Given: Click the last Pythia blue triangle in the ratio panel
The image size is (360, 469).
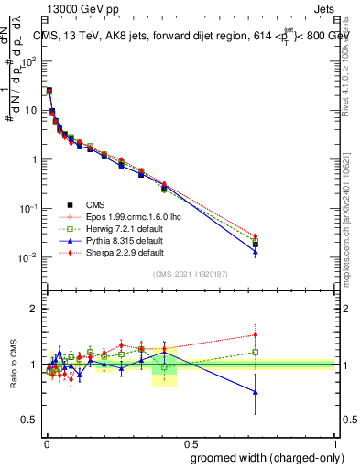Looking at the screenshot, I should [x=256, y=392].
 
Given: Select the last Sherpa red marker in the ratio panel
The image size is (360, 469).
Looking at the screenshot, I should [x=256, y=334].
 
